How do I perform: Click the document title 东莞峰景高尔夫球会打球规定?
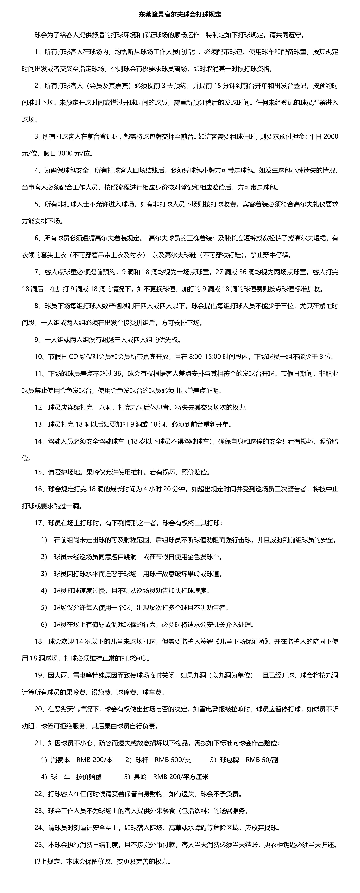point(180,15)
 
